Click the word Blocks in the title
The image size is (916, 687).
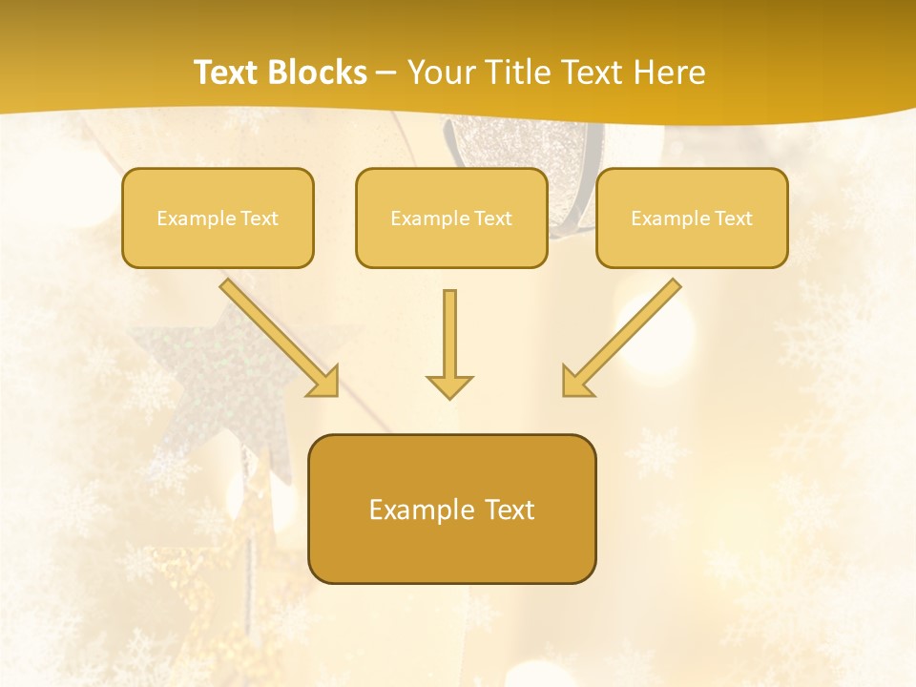[x=319, y=73]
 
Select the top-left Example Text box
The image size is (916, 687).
[x=218, y=218]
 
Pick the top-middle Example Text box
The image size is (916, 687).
[x=451, y=218]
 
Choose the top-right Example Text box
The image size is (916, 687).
[x=692, y=218]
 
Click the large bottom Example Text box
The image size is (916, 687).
[x=451, y=509]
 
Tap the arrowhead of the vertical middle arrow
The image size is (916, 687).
[x=449, y=386]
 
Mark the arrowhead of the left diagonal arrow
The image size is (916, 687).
[x=323, y=381]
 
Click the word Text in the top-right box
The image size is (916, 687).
[x=733, y=219]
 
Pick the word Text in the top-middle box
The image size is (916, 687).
[x=492, y=219]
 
